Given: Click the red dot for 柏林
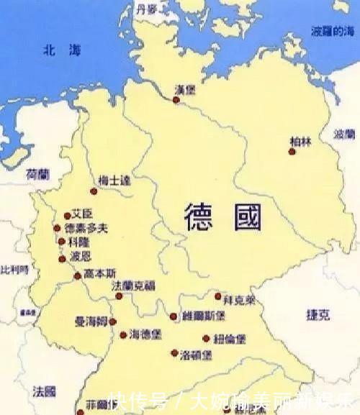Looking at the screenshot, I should click(x=292, y=151).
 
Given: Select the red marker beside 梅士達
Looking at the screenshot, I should click(x=93, y=191).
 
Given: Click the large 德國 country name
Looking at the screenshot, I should click(x=222, y=216).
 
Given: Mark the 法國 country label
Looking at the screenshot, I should click(x=44, y=391).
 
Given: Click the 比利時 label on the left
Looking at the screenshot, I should click(x=14, y=270).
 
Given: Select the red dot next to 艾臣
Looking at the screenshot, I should click(x=67, y=215).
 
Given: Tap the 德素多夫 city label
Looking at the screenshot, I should click(x=86, y=228).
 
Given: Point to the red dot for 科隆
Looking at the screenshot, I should click(x=61, y=242).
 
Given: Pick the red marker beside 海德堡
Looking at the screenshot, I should click(x=123, y=334).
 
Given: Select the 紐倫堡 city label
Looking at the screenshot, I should click(x=228, y=338).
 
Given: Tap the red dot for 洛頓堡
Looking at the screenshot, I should click(x=174, y=352).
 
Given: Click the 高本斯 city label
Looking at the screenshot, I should click(x=99, y=273).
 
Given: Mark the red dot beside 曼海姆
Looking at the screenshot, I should click(x=112, y=321).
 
